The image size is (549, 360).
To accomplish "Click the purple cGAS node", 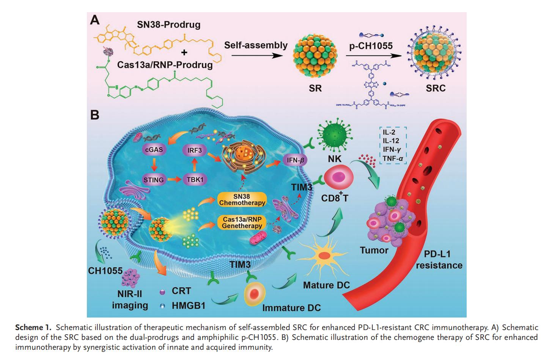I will point(154,149).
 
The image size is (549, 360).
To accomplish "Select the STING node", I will point(154,179).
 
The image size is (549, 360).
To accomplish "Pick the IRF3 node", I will point(194,150).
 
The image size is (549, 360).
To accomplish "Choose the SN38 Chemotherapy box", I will point(242,198).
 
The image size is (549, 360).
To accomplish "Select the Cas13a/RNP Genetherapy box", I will point(242,222).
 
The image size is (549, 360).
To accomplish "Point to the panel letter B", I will point(94,114).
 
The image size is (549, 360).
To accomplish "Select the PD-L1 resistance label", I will point(439,260).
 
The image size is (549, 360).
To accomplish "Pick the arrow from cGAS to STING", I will point(154,164).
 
